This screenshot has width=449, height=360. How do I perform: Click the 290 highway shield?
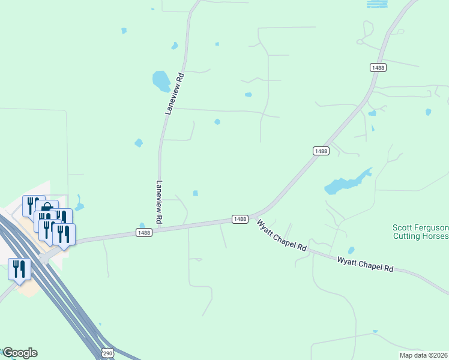[107, 353]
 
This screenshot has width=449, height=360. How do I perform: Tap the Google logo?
[20, 353]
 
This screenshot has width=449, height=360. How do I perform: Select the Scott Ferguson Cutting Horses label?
[420, 232]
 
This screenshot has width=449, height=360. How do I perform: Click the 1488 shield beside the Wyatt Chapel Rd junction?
[240, 220]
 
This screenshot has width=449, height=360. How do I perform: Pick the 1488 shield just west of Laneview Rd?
[143, 233]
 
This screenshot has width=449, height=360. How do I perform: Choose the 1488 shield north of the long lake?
[321, 151]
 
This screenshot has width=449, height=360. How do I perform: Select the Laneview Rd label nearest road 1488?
[160, 203]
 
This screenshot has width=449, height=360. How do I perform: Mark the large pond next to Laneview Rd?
[161, 81]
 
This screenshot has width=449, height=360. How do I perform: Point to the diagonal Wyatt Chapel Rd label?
[282, 235]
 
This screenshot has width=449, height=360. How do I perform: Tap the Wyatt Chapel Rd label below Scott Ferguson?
[365, 265]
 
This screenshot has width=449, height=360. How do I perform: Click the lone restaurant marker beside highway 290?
[19, 270]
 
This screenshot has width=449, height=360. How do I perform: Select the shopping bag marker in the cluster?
[47, 208]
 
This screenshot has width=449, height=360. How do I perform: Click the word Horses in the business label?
[434, 236]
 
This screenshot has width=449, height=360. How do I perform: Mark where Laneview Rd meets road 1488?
[160, 228]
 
